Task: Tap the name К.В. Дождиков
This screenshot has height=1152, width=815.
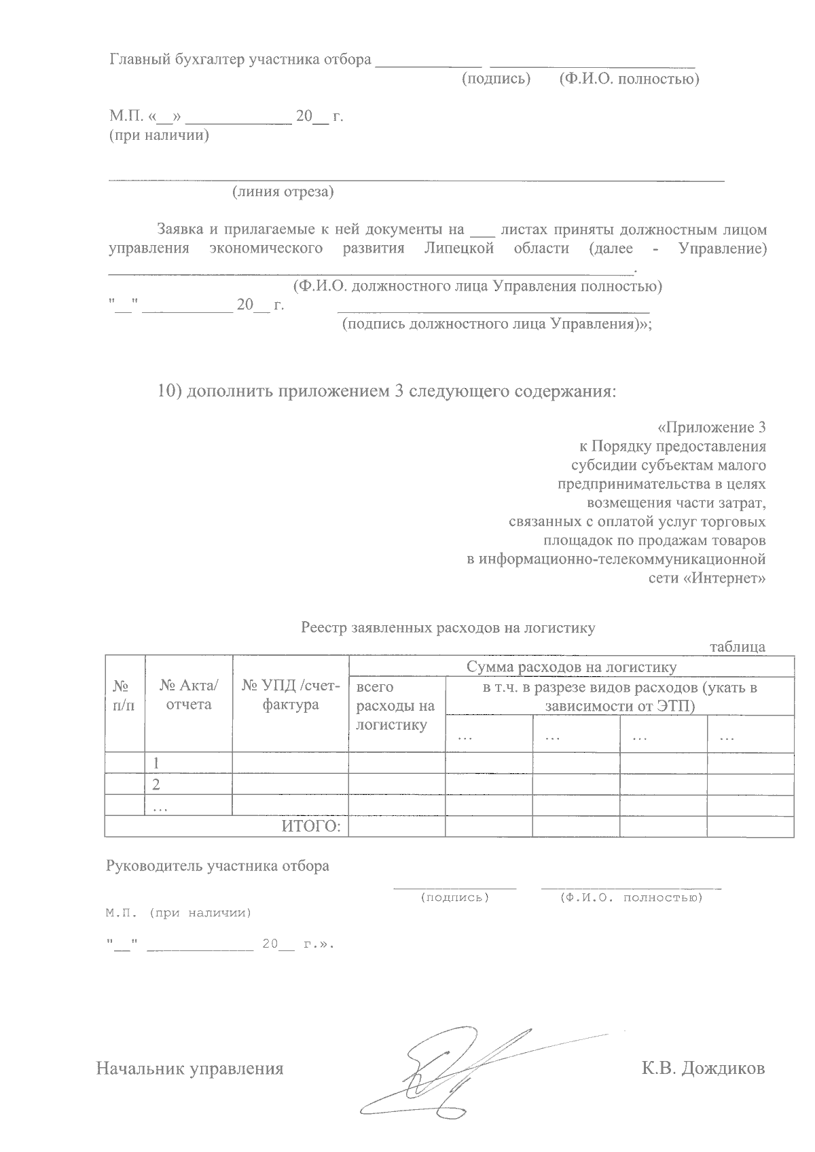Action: coord(703,1068)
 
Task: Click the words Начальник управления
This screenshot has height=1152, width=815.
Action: coord(189,1069)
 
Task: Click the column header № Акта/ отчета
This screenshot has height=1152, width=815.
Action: coord(189,696)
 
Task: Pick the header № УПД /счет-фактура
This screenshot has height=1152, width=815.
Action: coord(291,696)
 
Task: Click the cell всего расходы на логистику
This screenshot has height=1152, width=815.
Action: coord(395,706)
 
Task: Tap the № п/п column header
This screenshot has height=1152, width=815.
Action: coord(124,696)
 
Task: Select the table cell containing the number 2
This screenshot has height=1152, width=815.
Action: coord(157,785)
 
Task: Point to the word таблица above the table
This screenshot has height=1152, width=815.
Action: coord(738,647)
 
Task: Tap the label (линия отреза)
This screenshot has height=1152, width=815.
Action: coord(283,192)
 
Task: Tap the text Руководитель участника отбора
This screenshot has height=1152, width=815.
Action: coord(217,866)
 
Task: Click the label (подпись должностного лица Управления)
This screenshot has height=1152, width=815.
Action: coord(496,324)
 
